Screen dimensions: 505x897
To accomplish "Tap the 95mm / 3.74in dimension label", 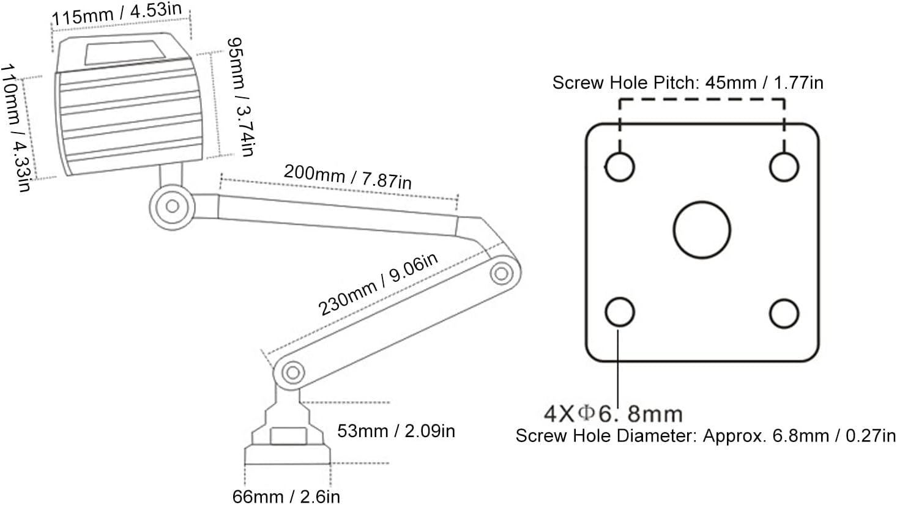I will (239, 97).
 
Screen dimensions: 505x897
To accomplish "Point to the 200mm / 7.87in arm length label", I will (347, 177).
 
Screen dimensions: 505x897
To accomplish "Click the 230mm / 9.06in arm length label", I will (378, 285).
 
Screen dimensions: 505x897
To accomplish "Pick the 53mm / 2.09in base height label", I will (396, 431).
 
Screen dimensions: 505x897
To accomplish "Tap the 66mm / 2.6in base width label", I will (285, 495).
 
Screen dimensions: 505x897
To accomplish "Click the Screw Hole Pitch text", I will (687, 83).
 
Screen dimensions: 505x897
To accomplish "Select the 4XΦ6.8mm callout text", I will (613, 414).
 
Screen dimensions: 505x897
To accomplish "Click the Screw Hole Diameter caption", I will (705, 436).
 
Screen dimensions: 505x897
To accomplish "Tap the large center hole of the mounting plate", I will (702, 230).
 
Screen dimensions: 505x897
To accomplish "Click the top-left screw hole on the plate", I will (620, 166).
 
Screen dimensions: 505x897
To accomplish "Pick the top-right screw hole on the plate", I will (784, 166).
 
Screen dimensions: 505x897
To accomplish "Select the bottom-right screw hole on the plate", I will (784, 314).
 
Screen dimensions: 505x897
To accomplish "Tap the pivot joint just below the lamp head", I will (172, 206).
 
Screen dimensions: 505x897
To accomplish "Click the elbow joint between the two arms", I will (502, 272).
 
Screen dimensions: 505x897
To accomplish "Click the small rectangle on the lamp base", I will (288, 437).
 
